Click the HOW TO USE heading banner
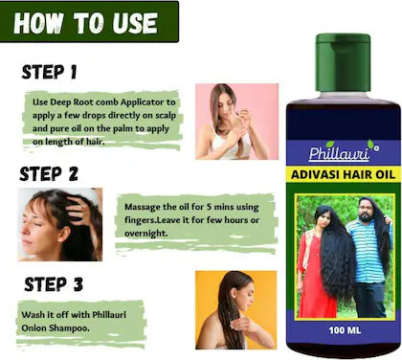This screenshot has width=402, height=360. [89, 22]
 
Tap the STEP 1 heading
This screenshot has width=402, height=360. [50, 72]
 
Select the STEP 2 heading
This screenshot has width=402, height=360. [49, 174]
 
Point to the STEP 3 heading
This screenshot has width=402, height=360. [54, 284]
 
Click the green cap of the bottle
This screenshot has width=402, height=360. [343, 62]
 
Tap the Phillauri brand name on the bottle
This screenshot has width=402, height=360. [339, 153]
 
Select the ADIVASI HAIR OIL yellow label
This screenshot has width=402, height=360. [343, 174]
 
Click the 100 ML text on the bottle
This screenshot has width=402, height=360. [345, 329]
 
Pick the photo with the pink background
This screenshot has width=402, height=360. [236, 122]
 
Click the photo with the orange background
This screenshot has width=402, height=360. [236, 310]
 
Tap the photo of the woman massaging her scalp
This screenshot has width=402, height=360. [60, 224]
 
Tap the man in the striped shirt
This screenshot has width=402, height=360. [370, 257]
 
